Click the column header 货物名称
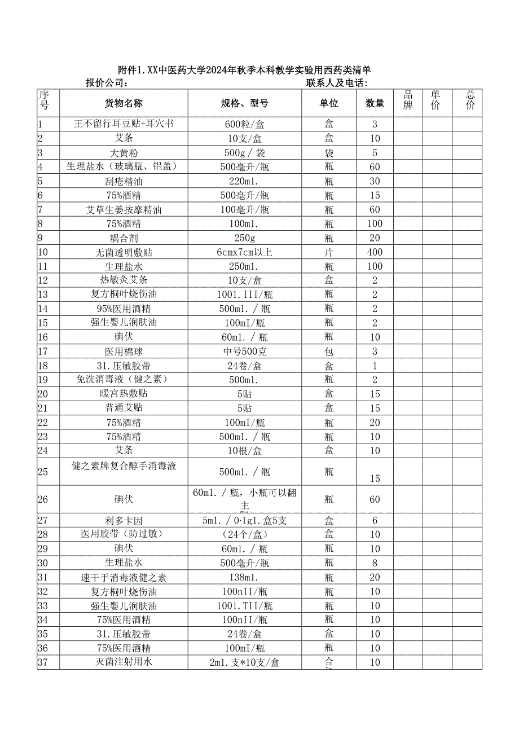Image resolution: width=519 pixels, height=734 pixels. pos(124,103)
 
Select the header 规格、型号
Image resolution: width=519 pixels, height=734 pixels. pos(244,103)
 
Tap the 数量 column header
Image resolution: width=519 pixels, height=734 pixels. pos(375,103)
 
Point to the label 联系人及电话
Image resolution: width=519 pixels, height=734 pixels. pos(337,83)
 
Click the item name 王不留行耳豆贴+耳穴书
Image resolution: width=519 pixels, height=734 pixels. pos(124,124)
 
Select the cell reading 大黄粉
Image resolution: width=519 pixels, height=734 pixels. pos(124,152)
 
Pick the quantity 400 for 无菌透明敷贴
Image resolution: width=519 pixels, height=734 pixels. pos(375,252)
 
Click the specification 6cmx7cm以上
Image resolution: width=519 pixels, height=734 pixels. pos(244,252)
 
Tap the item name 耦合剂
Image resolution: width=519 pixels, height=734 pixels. pos(124,238)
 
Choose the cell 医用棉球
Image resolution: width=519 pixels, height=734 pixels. pos(124,351)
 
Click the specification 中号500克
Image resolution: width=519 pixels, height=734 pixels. pos(244,351)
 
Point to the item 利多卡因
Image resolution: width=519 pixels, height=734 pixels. pos(124,520)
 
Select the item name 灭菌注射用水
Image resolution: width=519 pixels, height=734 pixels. pos(124,662)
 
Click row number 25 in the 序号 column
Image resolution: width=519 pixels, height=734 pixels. pos(43,472)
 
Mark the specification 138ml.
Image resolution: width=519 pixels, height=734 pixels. pos(244,577)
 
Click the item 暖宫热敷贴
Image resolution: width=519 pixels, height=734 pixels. pos(124,393)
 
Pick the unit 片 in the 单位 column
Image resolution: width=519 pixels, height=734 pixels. pos(329,252)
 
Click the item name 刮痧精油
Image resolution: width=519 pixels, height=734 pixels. pos(124,181)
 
